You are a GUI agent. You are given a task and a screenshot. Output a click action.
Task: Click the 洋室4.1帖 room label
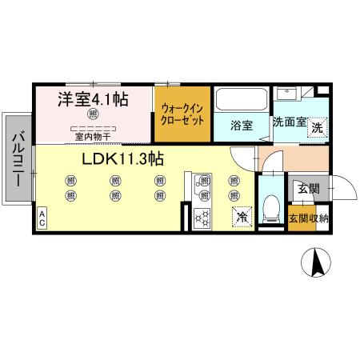point(93,101)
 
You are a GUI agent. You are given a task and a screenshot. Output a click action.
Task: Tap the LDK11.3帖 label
point(122,158)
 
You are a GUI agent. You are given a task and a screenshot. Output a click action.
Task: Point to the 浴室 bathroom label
point(242,126)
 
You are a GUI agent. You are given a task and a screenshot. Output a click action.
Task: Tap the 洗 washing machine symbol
point(318,127)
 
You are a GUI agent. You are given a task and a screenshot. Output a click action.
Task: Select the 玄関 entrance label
point(308,189)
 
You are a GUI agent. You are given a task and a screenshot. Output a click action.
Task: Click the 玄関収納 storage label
point(308,218)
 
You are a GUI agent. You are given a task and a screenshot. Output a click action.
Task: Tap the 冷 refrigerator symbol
point(240,215)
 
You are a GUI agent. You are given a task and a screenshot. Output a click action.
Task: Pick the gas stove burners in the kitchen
point(202,215)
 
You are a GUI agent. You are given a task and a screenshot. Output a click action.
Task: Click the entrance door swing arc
point(342,190)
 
